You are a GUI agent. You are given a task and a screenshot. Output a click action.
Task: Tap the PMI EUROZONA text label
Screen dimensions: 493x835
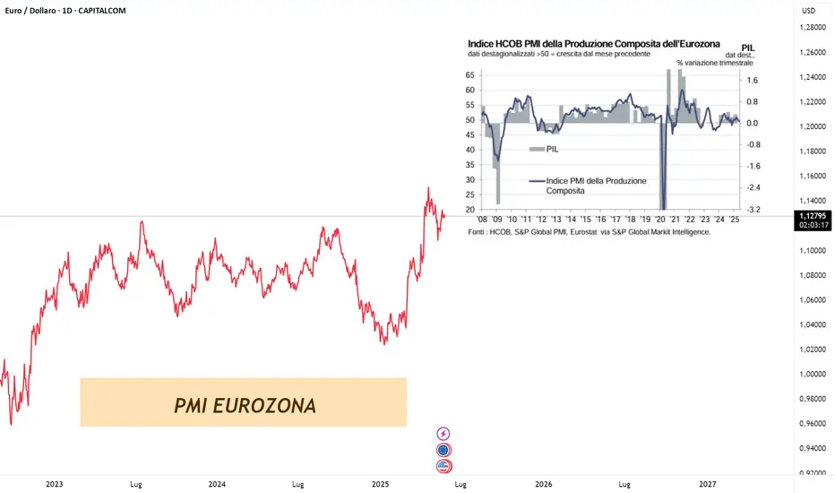point(245,405)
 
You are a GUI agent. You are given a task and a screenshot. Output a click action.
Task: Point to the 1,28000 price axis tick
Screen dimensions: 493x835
point(812,28)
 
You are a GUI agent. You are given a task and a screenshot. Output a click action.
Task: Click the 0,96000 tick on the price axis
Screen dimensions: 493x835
point(812,423)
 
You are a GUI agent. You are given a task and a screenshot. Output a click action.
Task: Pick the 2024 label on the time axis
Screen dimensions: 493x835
point(217,484)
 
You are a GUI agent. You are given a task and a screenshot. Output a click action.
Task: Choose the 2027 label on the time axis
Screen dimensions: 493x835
point(707,484)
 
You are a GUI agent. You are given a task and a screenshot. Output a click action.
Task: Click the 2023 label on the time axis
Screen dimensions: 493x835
point(54,484)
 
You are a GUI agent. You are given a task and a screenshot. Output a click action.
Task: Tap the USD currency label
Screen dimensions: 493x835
point(809,11)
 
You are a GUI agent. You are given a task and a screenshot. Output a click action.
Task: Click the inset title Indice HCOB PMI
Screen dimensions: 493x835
point(594,44)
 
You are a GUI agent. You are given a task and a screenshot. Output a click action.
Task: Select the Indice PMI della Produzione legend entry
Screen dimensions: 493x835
point(587,186)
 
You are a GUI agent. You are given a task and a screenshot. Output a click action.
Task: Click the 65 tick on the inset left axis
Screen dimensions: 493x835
point(471,75)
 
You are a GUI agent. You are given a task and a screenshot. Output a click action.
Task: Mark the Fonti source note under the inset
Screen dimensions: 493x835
point(589,232)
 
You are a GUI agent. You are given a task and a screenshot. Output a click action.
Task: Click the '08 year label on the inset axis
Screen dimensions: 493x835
point(482,219)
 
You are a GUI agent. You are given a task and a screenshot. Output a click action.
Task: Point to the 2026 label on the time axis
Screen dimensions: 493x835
point(543,484)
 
